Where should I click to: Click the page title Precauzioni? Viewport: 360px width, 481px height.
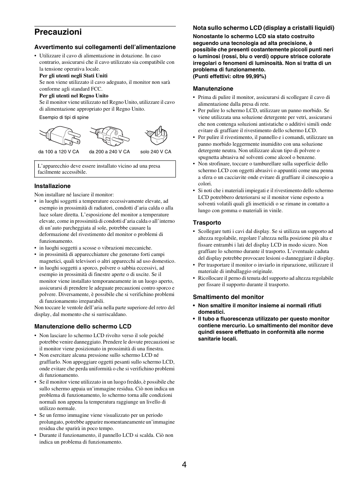pyautogui.click(x=58, y=32)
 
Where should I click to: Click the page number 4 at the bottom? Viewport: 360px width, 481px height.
pyautogui.click(x=184, y=465)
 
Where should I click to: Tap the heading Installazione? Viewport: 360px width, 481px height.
pyautogui.click(x=52, y=186)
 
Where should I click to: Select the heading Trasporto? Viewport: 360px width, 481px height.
pyautogui.click(x=207, y=223)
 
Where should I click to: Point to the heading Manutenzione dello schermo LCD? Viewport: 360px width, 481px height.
pyautogui.click(x=83, y=327)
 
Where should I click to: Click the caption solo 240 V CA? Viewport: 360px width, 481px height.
pyautogui.click(x=155, y=152)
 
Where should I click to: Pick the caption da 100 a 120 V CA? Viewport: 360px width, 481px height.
pyautogui.click(x=59, y=152)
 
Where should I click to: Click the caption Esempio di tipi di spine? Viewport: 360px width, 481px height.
pyautogui.click(x=64, y=117)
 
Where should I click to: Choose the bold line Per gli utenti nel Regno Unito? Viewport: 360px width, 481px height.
pyautogui.click(x=74, y=96)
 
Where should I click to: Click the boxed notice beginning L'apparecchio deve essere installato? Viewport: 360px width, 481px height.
pyautogui.click(x=105, y=169)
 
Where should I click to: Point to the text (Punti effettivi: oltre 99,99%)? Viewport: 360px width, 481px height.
pyautogui.click(x=229, y=76)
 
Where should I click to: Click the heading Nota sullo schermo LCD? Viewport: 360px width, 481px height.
pyautogui.click(x=263, y=28)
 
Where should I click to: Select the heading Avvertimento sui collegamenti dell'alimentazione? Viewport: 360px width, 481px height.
pyautogui.click(x=105, y=47)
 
